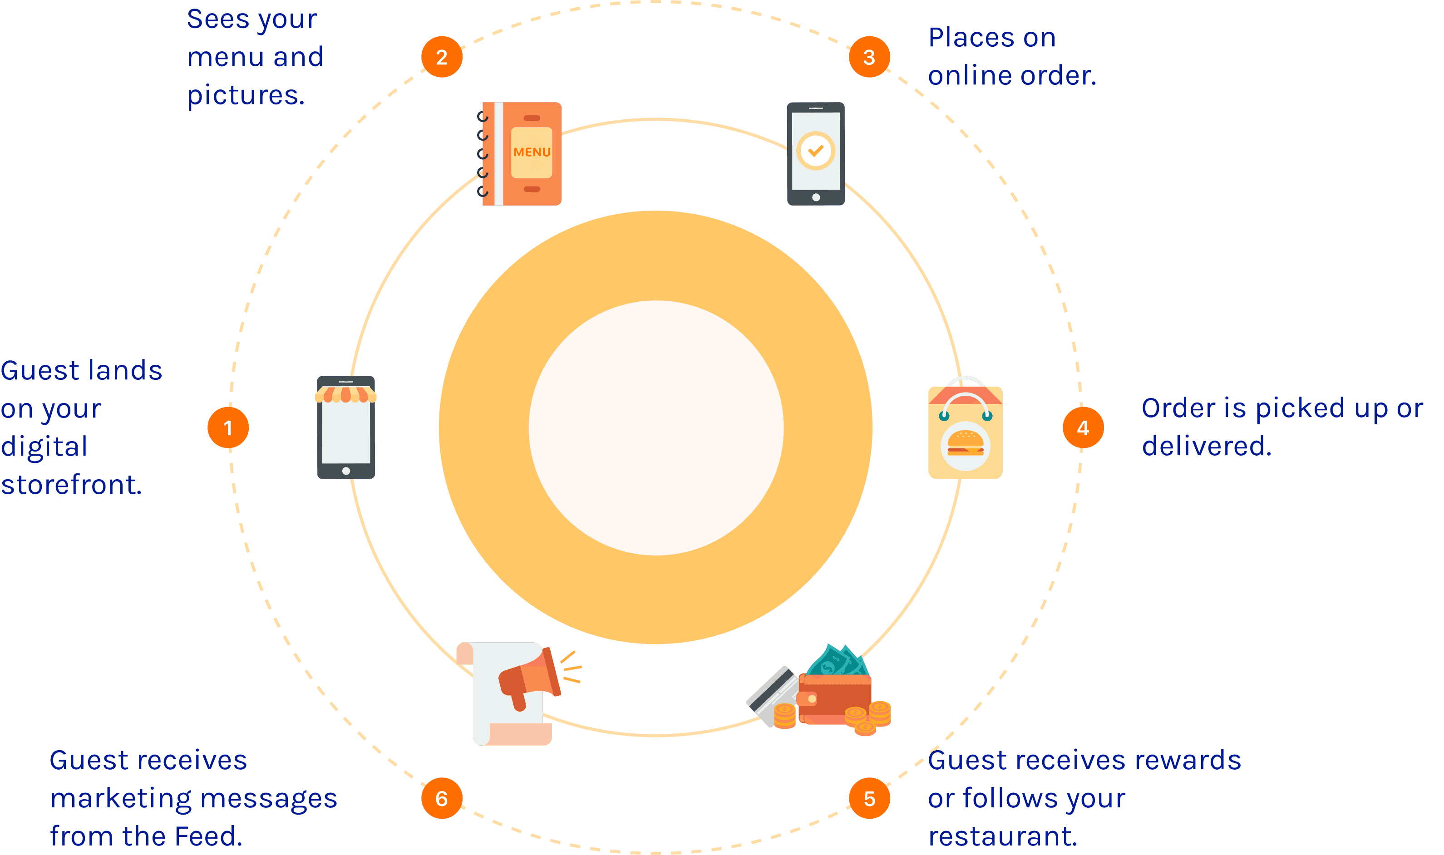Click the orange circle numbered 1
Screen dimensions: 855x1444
pos(228,427)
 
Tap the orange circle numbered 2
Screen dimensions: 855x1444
pos(442,57)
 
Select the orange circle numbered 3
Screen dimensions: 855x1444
pos(869,57)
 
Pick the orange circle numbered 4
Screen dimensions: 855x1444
pos(1083,427)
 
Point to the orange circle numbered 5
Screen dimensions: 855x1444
pos(869,799)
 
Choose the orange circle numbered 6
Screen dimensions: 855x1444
pos(442,799)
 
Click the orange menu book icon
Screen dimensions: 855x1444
pos(522,154)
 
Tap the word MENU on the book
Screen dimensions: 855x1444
pos(532,152)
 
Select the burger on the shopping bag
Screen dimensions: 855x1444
pos(966,443)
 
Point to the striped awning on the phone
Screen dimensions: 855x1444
pos(346,395)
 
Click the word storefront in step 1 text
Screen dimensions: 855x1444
pos(71,485)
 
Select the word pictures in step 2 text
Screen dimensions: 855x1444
pos(246,95)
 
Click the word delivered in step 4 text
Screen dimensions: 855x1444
pos(1207,446)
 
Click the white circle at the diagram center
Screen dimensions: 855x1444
pos(656,427)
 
